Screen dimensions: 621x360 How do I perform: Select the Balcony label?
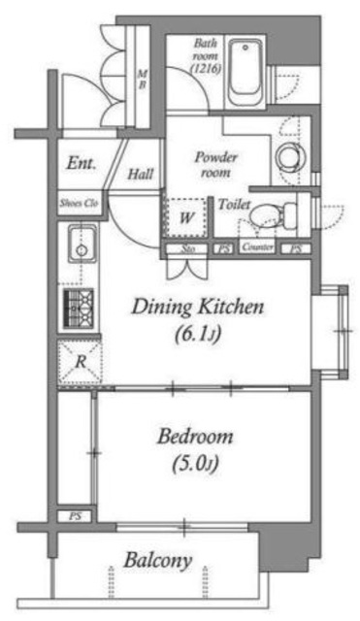158,560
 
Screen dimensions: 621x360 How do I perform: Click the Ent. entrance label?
82,165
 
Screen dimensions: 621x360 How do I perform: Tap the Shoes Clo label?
79,204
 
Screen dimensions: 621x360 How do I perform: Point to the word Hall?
141,175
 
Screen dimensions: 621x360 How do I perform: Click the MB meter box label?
142,79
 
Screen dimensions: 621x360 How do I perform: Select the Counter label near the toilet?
257,249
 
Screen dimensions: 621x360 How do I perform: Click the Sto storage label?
187,249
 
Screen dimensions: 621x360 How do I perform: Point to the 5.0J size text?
196,463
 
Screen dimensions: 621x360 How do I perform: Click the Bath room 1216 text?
205,56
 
